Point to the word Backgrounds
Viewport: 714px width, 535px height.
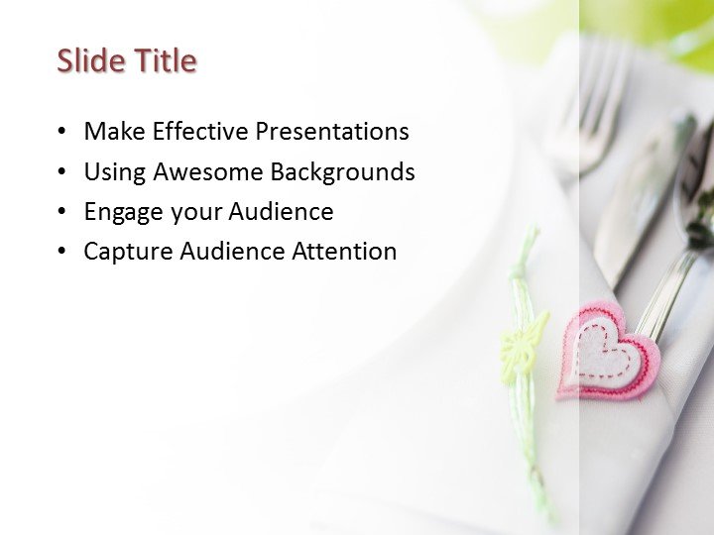pyautogui.click(x=342, y=171)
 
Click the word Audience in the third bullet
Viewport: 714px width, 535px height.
pyautogui.click(x=282, y=211)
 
